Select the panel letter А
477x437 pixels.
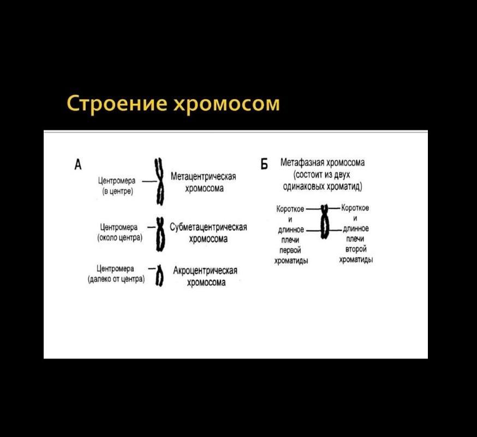(x=79, y=163)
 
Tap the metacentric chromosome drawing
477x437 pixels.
(x=160, y=181)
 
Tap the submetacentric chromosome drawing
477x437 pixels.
(x=160, y=233)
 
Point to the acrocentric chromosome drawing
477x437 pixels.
(x=159, y=276)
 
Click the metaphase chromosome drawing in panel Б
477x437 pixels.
(x=324, y=222)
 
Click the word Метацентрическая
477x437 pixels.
(x=203, y=177)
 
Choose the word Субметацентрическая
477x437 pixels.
(x=208, y=228)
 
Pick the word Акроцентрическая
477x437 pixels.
(x=205, y=271)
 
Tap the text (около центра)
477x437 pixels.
(x=120, y=238)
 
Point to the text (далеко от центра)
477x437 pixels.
(x=116, y=279)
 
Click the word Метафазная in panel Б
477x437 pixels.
(x=302, y=163)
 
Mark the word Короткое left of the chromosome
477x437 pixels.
(x=290, y=208)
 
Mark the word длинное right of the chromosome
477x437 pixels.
(x=356, y=229)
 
